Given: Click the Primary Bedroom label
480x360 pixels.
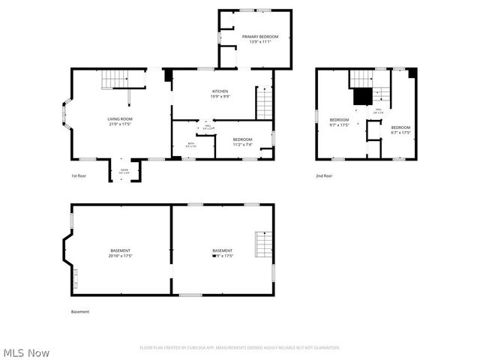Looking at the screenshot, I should [x=259, y=39].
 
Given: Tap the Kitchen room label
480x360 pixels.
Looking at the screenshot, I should [x=220, y=94].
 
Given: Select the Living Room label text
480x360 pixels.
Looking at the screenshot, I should [x=120, y=121].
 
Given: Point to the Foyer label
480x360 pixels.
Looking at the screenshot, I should [x=124, y=172].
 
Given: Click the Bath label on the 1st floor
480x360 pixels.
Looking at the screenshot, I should [x=191, y=145].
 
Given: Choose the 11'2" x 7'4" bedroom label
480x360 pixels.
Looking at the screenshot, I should [x=242, y=142].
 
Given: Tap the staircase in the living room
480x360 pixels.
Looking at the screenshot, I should [x=115, y=78].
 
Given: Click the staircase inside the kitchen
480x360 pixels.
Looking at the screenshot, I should [x=264, y=103].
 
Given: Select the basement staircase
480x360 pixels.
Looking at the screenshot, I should [x=262, y=244].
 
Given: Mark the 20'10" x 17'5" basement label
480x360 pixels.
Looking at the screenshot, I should [x=120, y=253].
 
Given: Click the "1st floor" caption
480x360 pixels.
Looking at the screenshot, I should [x=79, y=175].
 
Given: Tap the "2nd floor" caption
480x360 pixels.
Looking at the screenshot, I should [x=324, y=175].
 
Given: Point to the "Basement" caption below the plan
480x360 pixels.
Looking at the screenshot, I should [x=80, y=311].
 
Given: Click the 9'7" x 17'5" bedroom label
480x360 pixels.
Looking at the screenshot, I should [x=339, y=122].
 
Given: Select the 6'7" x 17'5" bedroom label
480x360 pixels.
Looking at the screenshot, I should [x=400, y=130].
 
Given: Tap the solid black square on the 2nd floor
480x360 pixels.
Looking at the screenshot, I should [x=362, y=96].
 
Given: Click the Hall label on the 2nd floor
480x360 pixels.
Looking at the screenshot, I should [x=378, y=111].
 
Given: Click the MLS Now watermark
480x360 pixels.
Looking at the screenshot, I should [x=27, y=352].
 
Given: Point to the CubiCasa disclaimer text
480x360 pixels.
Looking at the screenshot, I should [x=240, y=347].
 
